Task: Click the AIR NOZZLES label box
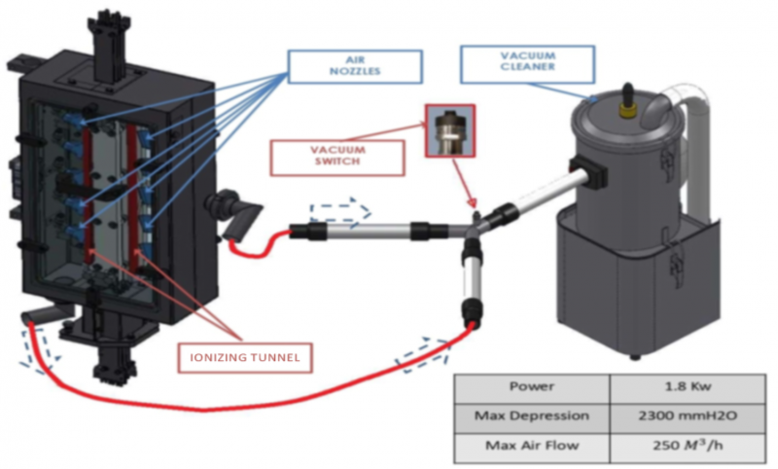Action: (355, 65)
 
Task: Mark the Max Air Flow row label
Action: (532, 446)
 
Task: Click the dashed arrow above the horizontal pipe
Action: (339, 209)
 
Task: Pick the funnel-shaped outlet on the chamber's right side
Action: (235, 214)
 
